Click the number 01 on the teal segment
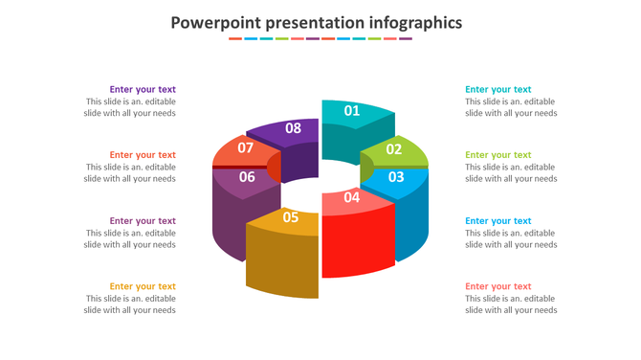[x=352, y=111]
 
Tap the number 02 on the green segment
[x=394, y=149]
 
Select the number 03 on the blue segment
[x=395, y=177]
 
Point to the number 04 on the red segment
[x=352, y=198]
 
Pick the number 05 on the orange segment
[x=291, y=217]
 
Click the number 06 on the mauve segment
[x=247, y=177]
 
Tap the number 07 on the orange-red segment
[x=246, y=148]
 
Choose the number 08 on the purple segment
[x=294, y=128]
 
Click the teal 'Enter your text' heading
[x=497, y=90]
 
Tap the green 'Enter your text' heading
[x=497, y=155]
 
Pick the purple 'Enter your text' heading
[x=143, y=90]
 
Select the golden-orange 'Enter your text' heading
[x=143, y=286]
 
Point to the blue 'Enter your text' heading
[x=497, y=221]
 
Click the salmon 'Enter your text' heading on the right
[x=497, y=286]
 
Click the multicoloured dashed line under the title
[x=320, y=39]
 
